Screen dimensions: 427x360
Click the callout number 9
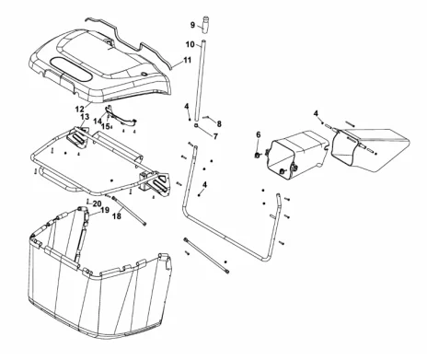[x=192, y=25]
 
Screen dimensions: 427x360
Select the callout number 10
[x=190, y=44]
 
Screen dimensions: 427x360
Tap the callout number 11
[x=187, y=60]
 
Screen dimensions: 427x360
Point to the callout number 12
[x=79, y=109]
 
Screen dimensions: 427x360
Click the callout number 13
[x=85, y=117]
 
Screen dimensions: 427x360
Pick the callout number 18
[x=117, y=216]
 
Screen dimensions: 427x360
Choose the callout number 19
[x=105, y=210]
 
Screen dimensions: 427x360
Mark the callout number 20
[x=97, y=203]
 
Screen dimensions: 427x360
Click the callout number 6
[x=259, y=134]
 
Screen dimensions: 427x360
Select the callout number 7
[x=215, y=136]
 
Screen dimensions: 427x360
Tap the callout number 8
[x=219, y=123]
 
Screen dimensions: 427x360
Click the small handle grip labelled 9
[x=205, y=26]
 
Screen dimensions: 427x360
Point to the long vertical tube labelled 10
[x=200, y=80]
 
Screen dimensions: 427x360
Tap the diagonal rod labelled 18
[x=130, y=211]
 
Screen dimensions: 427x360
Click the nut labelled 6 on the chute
[x=258, y=155]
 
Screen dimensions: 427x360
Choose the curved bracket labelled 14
[x=121, y=116]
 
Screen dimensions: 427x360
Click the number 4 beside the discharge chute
[x=316, y=113]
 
